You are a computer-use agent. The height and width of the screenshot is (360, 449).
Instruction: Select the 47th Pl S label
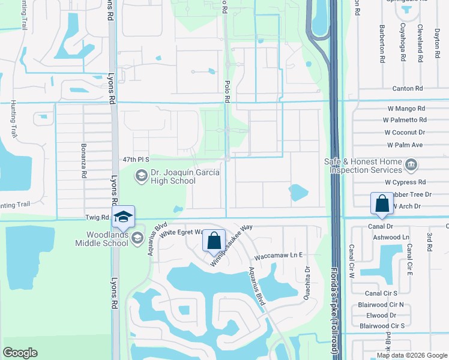click(135, 161)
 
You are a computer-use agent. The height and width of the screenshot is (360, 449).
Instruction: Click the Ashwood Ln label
click(391, 238)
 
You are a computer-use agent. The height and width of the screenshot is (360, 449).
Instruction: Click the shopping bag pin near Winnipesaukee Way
click(214, 241)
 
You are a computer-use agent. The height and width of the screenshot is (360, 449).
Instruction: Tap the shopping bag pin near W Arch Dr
click(382, 204)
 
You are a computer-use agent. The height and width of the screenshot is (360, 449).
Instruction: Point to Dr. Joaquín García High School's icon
click(141, 175)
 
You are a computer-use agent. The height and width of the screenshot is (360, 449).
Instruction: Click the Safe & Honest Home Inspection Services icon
click(411, 164)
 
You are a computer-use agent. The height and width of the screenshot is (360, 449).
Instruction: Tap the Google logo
click(20, 353)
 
